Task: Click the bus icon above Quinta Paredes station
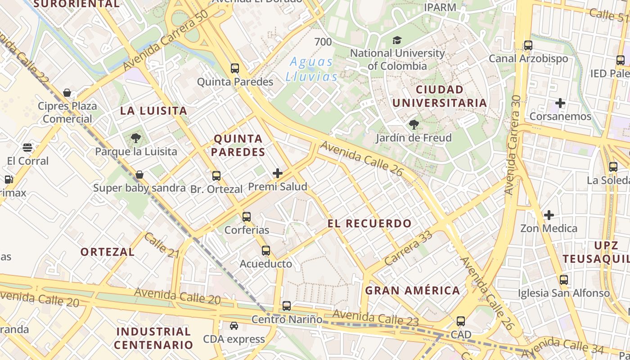tap(235, 68)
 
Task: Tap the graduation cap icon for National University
tap(397, 40)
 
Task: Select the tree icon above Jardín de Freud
tap(414, 125)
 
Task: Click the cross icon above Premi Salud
tap(278, 173)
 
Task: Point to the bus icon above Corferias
tap(247, 217)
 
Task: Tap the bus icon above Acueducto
tap(266, 251)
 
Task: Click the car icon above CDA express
tap(234, 326)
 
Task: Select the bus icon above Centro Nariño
tap(287, 306)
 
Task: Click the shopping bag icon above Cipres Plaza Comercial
tap(67, 93)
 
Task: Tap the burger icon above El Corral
tap(27, 148)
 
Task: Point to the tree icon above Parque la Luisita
tap(136, 138)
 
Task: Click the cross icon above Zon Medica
tap(549, 215)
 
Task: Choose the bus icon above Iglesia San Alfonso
tap(564, 280)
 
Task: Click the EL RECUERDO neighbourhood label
tap(369, 223)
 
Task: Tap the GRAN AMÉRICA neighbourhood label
tap(413, 290)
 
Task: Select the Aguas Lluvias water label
tap(311, 69)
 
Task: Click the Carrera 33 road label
tap(409, 247)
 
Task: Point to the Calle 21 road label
tap(162, 246)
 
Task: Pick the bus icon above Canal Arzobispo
tap(528, 45)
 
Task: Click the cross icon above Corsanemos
tap(560, 103)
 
